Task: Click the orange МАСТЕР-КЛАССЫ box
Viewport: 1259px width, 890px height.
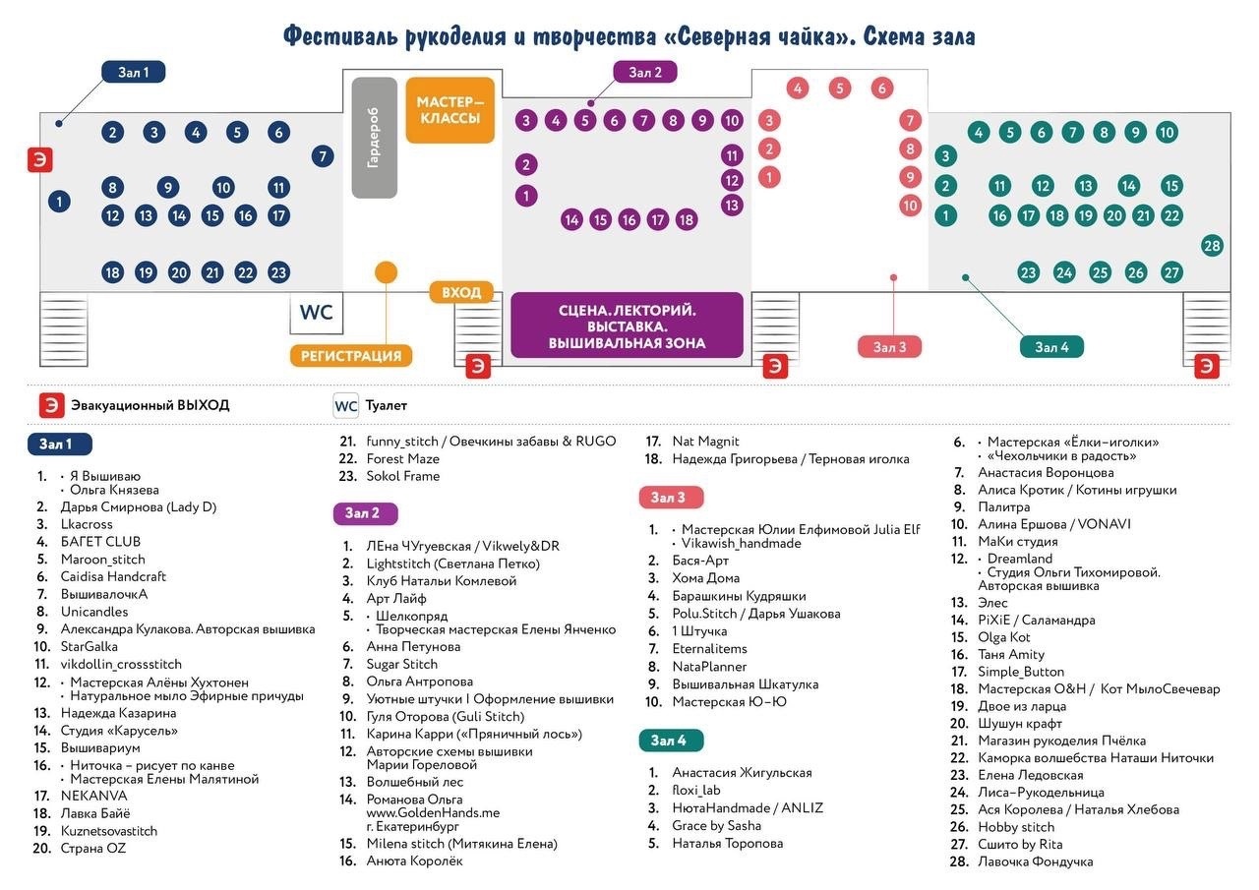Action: coord(450,109)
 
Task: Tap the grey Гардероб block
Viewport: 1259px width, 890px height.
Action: coord(374,138)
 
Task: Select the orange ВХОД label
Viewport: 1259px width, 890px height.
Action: coord(460,292)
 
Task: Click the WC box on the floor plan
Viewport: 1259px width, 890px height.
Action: coord(316,313)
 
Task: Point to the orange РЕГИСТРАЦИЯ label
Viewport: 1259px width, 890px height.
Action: coord(351,355)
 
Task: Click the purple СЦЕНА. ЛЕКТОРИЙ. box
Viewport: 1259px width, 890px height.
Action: coord(627,326)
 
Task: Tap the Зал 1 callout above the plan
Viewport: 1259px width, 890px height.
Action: coord(134,72)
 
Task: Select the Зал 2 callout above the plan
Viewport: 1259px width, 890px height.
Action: coord(645,72)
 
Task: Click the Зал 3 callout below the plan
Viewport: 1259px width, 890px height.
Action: coord(889,346)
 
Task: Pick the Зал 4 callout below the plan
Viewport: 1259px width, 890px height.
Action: coord(1051,346)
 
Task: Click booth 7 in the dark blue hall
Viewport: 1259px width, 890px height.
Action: coord(322,155)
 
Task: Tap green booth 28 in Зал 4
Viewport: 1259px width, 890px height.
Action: coord(1212,246)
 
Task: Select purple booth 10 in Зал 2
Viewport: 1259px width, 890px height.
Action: coord(731,121)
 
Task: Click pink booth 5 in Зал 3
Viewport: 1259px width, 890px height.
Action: coord(839,89)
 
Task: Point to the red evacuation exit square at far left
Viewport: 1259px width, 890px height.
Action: coord(39,159)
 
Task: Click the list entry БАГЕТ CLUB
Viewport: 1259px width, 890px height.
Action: coord(100,542)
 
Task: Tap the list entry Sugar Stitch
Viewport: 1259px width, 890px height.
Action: coord(401,664)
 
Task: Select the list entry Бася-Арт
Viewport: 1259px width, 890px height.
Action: coord(699,561)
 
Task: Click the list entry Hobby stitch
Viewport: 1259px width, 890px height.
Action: coord(1016,827)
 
